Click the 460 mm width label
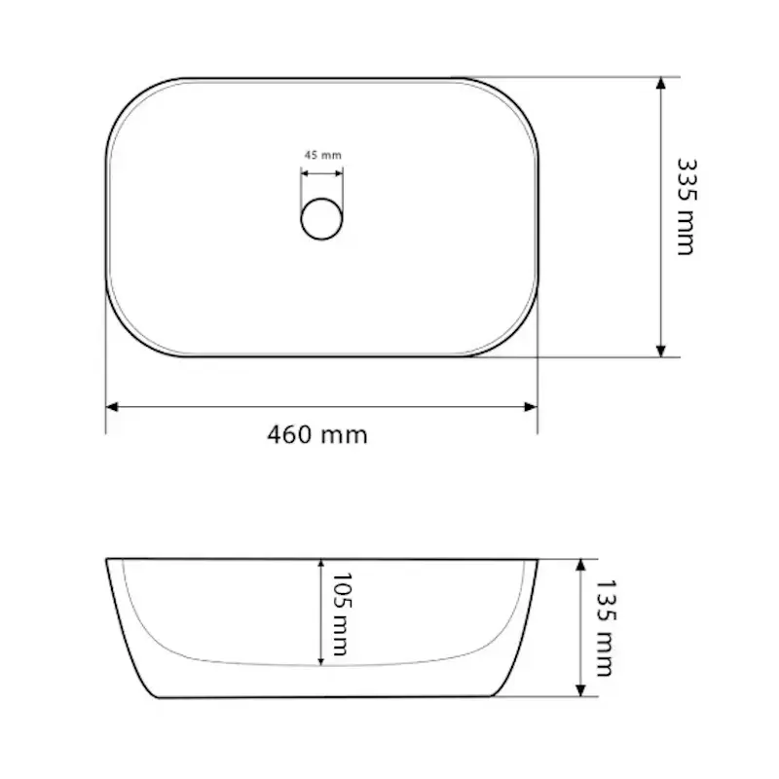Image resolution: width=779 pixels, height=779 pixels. click(317, 435)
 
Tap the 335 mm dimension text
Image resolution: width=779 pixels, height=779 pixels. click(687, 206)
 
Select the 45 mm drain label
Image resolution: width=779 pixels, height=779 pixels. click(323, 155)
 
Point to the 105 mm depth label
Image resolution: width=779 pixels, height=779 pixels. click(342, 614)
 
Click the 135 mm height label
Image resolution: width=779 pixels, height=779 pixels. click(606, 628)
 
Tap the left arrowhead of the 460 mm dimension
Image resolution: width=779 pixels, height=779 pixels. click(112, 407)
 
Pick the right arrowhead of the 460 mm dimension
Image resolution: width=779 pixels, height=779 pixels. click(531, 407)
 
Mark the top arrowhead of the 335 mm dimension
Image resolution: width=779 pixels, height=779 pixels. click(661, 83)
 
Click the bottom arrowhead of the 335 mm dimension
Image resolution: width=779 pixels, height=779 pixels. click(661, 351)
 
